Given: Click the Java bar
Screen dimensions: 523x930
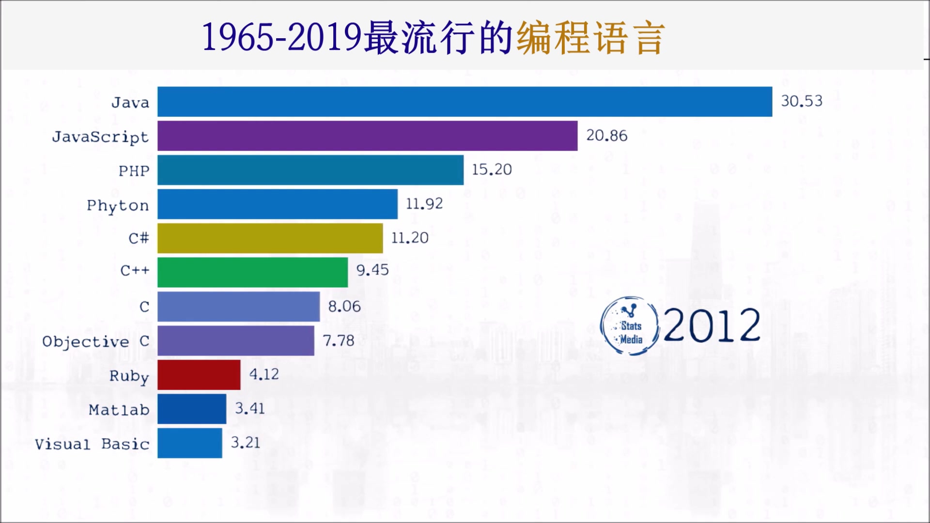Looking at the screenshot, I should (465, 102).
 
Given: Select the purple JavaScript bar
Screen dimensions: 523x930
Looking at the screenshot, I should (367, 136).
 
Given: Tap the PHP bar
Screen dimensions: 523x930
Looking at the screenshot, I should (310, 170).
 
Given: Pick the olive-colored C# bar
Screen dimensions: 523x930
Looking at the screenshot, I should (270, 238).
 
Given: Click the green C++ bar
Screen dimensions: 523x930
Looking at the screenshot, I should (252, 272).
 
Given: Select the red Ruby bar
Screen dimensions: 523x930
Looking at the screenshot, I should (199, 375).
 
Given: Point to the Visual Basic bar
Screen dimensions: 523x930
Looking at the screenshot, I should (189, 443).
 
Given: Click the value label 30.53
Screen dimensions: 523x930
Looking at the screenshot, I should (802, 101).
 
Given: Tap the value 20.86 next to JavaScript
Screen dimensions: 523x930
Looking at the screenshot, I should (606, 136).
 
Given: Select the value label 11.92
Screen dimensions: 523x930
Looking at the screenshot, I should (424, 204).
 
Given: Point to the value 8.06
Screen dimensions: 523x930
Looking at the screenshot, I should (344, 307).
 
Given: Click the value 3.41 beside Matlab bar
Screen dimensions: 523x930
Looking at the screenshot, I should (250, 409).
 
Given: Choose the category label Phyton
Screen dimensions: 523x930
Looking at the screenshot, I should (118, 206).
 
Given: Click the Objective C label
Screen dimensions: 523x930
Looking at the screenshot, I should (95, 341).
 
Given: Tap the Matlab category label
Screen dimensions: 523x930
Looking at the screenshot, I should (119, 410).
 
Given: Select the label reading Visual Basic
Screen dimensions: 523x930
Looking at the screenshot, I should (92, 444).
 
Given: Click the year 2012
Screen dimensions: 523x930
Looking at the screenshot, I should (712, 325).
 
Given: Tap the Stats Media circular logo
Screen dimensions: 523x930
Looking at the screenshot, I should (630, 326).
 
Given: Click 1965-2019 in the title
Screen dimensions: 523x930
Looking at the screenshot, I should (281, 37).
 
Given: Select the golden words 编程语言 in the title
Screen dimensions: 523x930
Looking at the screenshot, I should (590, 38).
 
